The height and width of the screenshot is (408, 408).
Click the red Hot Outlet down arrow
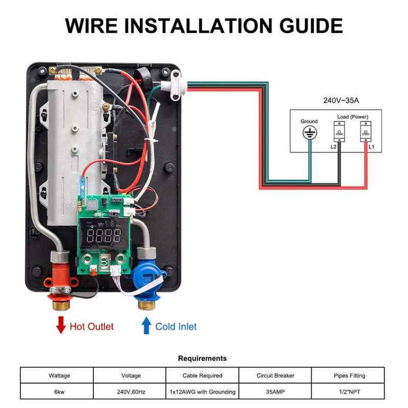click(61, 325)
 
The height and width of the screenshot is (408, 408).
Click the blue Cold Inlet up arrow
click(146, 325)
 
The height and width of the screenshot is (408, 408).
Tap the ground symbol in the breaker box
click(309, 133)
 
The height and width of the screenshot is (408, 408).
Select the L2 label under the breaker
click(333, 147)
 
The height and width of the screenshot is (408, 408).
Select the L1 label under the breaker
click(371, 147)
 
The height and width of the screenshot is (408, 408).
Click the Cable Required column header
click(202, 376)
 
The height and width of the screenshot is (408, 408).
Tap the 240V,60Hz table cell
click(131, 392)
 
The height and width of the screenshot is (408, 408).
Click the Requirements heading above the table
click(202, 359)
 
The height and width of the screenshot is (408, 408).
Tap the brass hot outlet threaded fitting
click(60, 305)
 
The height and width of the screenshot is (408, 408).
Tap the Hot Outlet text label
click(92, 326)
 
